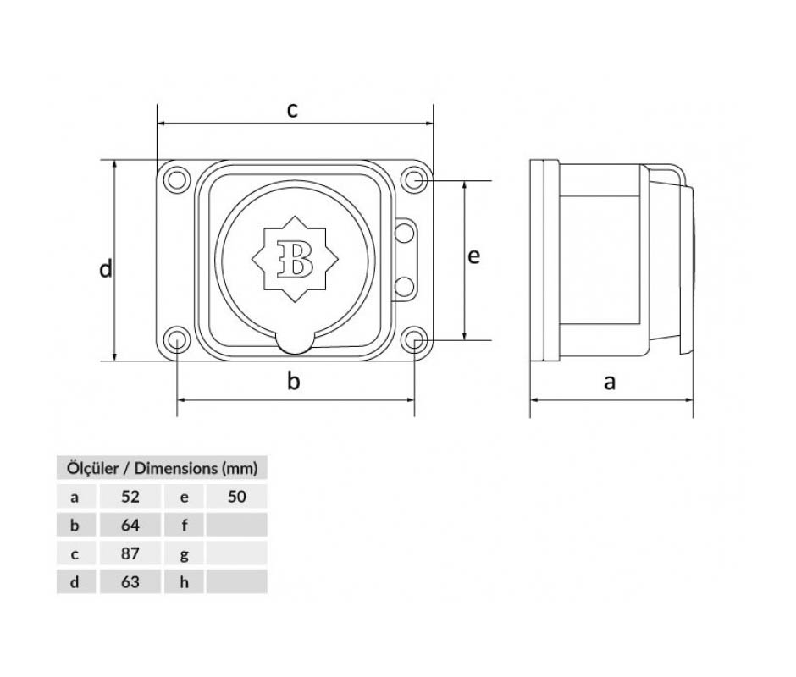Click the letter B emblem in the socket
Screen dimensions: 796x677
click(295, 259)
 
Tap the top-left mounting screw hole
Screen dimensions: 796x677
click(177, 179)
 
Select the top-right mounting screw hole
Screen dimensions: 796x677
click(414, 179)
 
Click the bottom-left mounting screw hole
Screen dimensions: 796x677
click(177, 339)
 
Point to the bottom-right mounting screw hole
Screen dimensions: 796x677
click(414, 339)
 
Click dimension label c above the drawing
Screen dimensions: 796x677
click(292, 110)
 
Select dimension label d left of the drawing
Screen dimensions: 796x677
click(105, 268)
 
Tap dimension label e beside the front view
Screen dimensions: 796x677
click(473, 256)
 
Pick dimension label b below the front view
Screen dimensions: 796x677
click(294, 381)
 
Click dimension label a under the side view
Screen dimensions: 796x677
click(610, 383)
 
